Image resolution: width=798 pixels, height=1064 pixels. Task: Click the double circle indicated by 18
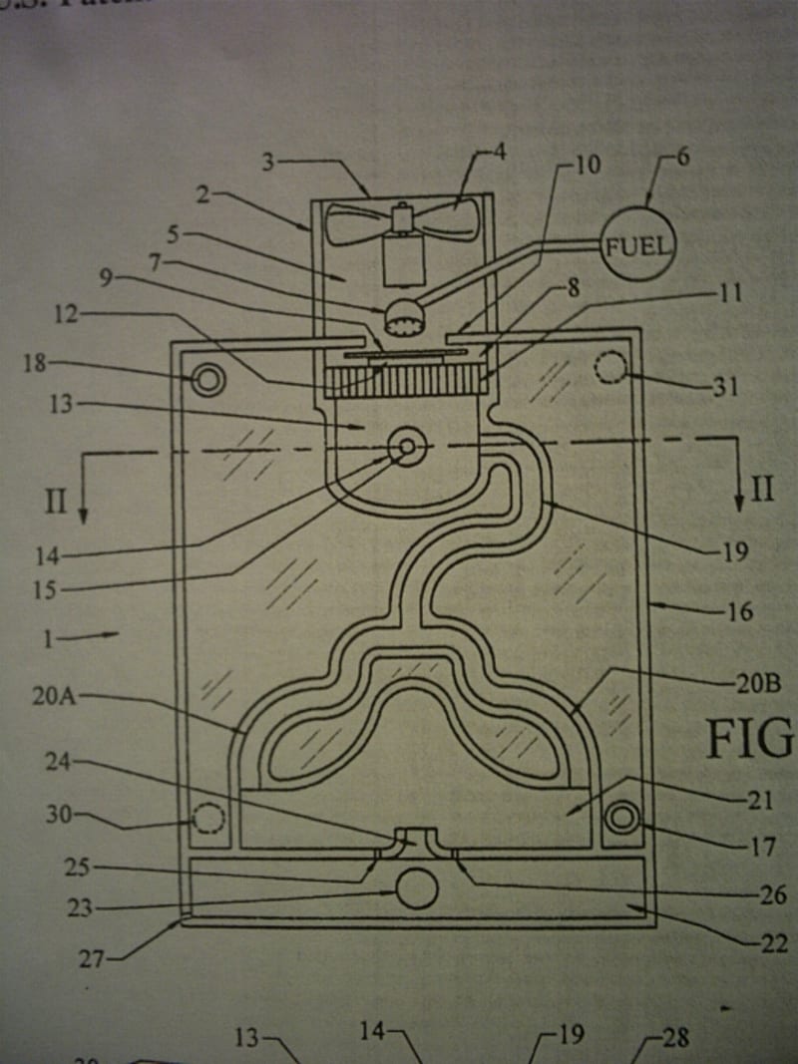(208, 379)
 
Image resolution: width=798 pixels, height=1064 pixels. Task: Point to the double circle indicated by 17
(622, 819)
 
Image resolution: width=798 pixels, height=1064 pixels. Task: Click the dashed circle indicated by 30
(207, 819)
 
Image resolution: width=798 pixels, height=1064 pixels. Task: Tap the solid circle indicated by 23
(417, 887)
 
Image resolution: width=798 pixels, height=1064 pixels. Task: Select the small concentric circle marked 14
(407, 448)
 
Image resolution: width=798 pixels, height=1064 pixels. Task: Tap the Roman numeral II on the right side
(763, 489)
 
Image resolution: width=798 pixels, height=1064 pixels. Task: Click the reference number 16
(738, 611)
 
